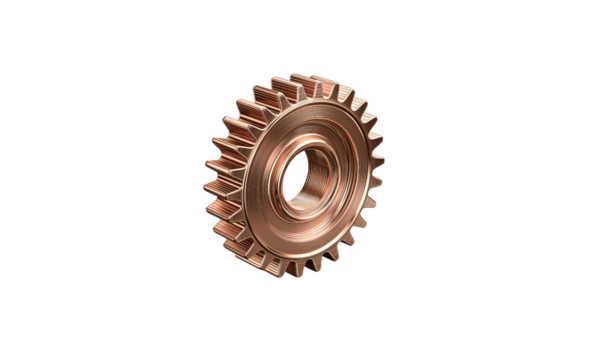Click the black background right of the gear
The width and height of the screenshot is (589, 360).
point(480,180)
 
